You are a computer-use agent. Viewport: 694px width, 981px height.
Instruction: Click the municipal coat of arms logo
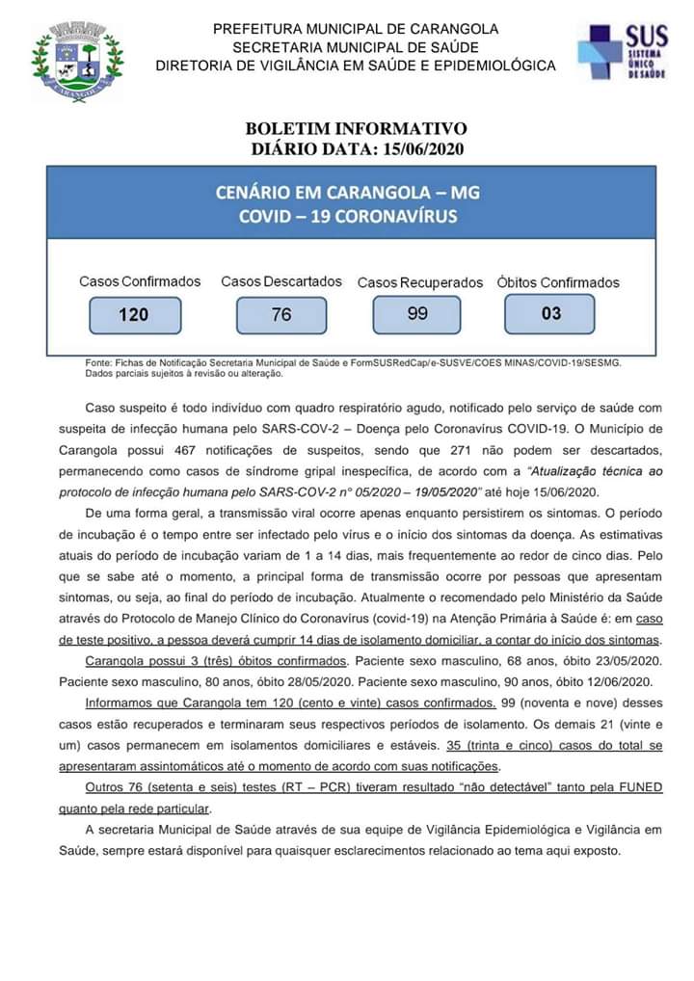point(77,62)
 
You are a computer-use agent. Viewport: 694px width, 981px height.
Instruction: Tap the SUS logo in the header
point(622,51)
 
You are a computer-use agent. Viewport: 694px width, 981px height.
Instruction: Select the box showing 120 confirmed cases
point(134,315)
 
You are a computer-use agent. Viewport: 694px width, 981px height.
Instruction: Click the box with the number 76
point(281,315)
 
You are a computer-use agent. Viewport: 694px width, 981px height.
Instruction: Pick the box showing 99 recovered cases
point(417,313)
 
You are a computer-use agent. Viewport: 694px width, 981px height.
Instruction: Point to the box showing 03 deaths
point(549,313)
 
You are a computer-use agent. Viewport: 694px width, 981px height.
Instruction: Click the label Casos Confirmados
point(140,281)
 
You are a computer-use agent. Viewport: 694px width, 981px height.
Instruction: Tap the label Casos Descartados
point(281,281)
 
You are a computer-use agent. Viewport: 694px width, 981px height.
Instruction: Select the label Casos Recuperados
point(420,282)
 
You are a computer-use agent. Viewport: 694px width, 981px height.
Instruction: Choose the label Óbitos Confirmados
point(558,282)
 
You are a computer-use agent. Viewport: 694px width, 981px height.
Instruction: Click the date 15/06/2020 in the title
point(421,148)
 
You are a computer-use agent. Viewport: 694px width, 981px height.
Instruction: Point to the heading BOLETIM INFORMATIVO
point(356,128)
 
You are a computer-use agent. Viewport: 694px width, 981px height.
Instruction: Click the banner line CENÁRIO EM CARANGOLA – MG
point(348,193)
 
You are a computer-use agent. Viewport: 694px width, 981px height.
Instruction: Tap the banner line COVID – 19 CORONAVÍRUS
point(348,217)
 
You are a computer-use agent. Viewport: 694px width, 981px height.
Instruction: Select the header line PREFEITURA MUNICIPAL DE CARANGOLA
point(356,29)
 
